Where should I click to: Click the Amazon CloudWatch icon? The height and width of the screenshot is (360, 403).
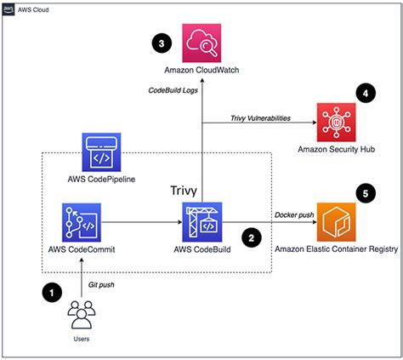pos(201,43)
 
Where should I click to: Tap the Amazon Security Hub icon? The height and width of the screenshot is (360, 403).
pos(336,123)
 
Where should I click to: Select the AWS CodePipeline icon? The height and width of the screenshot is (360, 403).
pos(101,152)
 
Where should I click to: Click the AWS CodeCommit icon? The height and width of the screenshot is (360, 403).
pos(82,222)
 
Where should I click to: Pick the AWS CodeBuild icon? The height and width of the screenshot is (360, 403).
pos(202,222)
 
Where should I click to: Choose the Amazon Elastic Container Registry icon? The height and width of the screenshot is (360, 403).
pos(336,222)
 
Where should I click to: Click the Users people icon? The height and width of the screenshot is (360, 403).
pos(82,315)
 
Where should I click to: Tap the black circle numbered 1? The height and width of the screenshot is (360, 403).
pos(52,293)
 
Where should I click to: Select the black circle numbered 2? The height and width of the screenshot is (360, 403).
pos(252,237)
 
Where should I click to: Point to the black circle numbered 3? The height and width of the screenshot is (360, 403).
pos(162,43)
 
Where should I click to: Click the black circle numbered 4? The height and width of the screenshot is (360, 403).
pos(366,93)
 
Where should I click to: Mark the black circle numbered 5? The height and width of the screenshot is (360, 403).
pos(366,193)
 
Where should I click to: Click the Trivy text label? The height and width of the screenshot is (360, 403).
pos(184,191)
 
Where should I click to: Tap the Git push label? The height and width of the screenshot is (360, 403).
pos(101,285)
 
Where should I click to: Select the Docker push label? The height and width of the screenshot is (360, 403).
pos(294,215)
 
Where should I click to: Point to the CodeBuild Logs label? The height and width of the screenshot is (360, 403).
pos(173,90)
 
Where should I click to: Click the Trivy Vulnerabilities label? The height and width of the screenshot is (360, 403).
pos(260,118)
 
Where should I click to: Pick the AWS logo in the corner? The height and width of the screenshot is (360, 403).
pos(9,9)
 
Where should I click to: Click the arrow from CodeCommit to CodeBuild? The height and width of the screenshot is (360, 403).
pos(142,222)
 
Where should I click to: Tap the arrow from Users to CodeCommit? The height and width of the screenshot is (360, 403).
pos(82,277)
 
